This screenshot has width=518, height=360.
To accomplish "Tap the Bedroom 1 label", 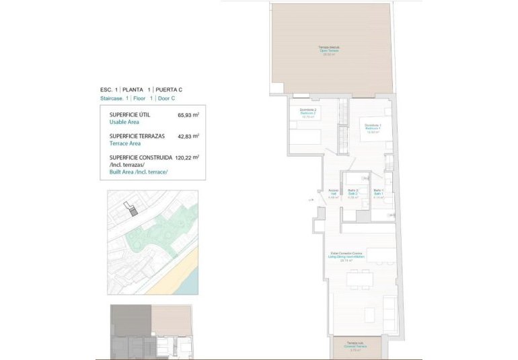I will click(x=373, y=127).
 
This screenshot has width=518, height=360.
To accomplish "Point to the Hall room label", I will click(x=333, y=194).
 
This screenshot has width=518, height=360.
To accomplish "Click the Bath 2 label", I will click(x=352, y=194).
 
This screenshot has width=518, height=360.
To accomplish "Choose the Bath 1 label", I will click(x=378, y=194).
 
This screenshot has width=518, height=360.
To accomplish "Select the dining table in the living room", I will click(x=361, y=277).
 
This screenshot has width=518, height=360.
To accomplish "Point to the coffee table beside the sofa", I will click(x=370, y=314).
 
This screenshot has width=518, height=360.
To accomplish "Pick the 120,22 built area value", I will click(x=187, y=158).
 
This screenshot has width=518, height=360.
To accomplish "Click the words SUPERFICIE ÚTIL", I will click(x=129, y=115).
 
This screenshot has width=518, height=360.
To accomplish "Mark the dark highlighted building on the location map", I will click(x=133, y=211).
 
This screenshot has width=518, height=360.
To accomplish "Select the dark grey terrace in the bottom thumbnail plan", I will click(x=131, y=320).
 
